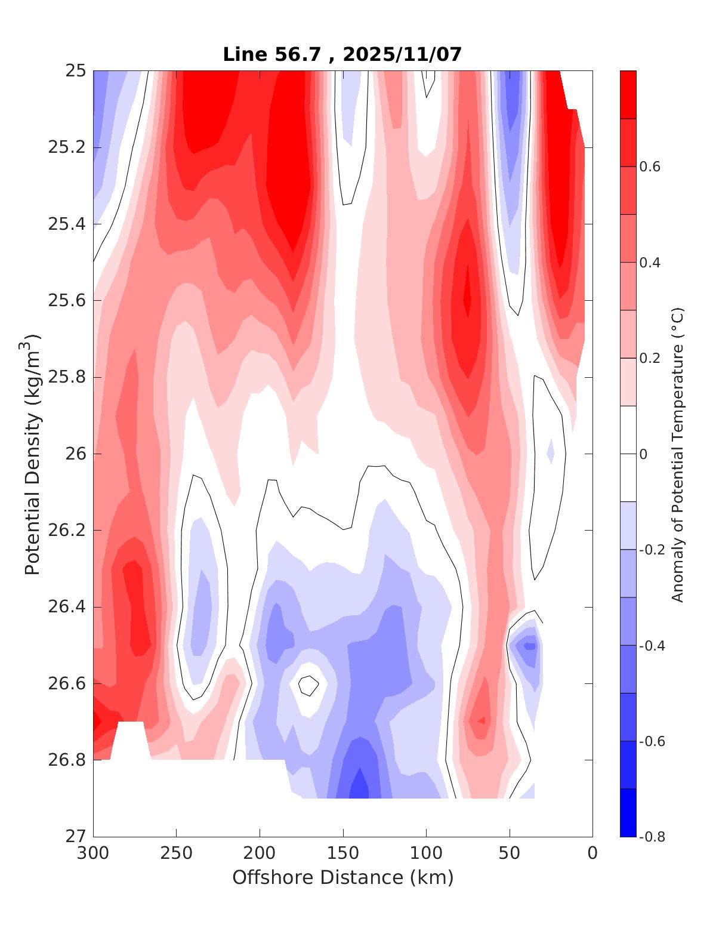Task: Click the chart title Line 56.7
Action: pos(274,54)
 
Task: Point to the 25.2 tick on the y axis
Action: pos(66,147)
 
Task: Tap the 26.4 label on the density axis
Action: pos(66,607)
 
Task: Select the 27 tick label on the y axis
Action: pos(76,836)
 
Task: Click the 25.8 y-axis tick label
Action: pos(66,377)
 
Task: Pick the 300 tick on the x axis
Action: pos(94,853)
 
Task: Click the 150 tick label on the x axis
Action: pos(343,853)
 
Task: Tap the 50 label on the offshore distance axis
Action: pos(510,853)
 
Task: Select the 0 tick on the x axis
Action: pos(592,853)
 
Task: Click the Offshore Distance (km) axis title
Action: pos(342,878)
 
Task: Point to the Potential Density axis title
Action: pos(33,454)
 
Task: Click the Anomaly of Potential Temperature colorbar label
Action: pos(677,454)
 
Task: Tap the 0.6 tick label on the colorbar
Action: pos(650,167)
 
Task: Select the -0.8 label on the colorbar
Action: pos(651,836)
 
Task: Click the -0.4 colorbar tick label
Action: pos(651,645)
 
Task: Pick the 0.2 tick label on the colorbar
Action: pos(650,358)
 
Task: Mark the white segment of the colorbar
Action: pos(628,454)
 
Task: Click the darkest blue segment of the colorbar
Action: pos(628,812)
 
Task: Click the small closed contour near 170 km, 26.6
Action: pos(308,685)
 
